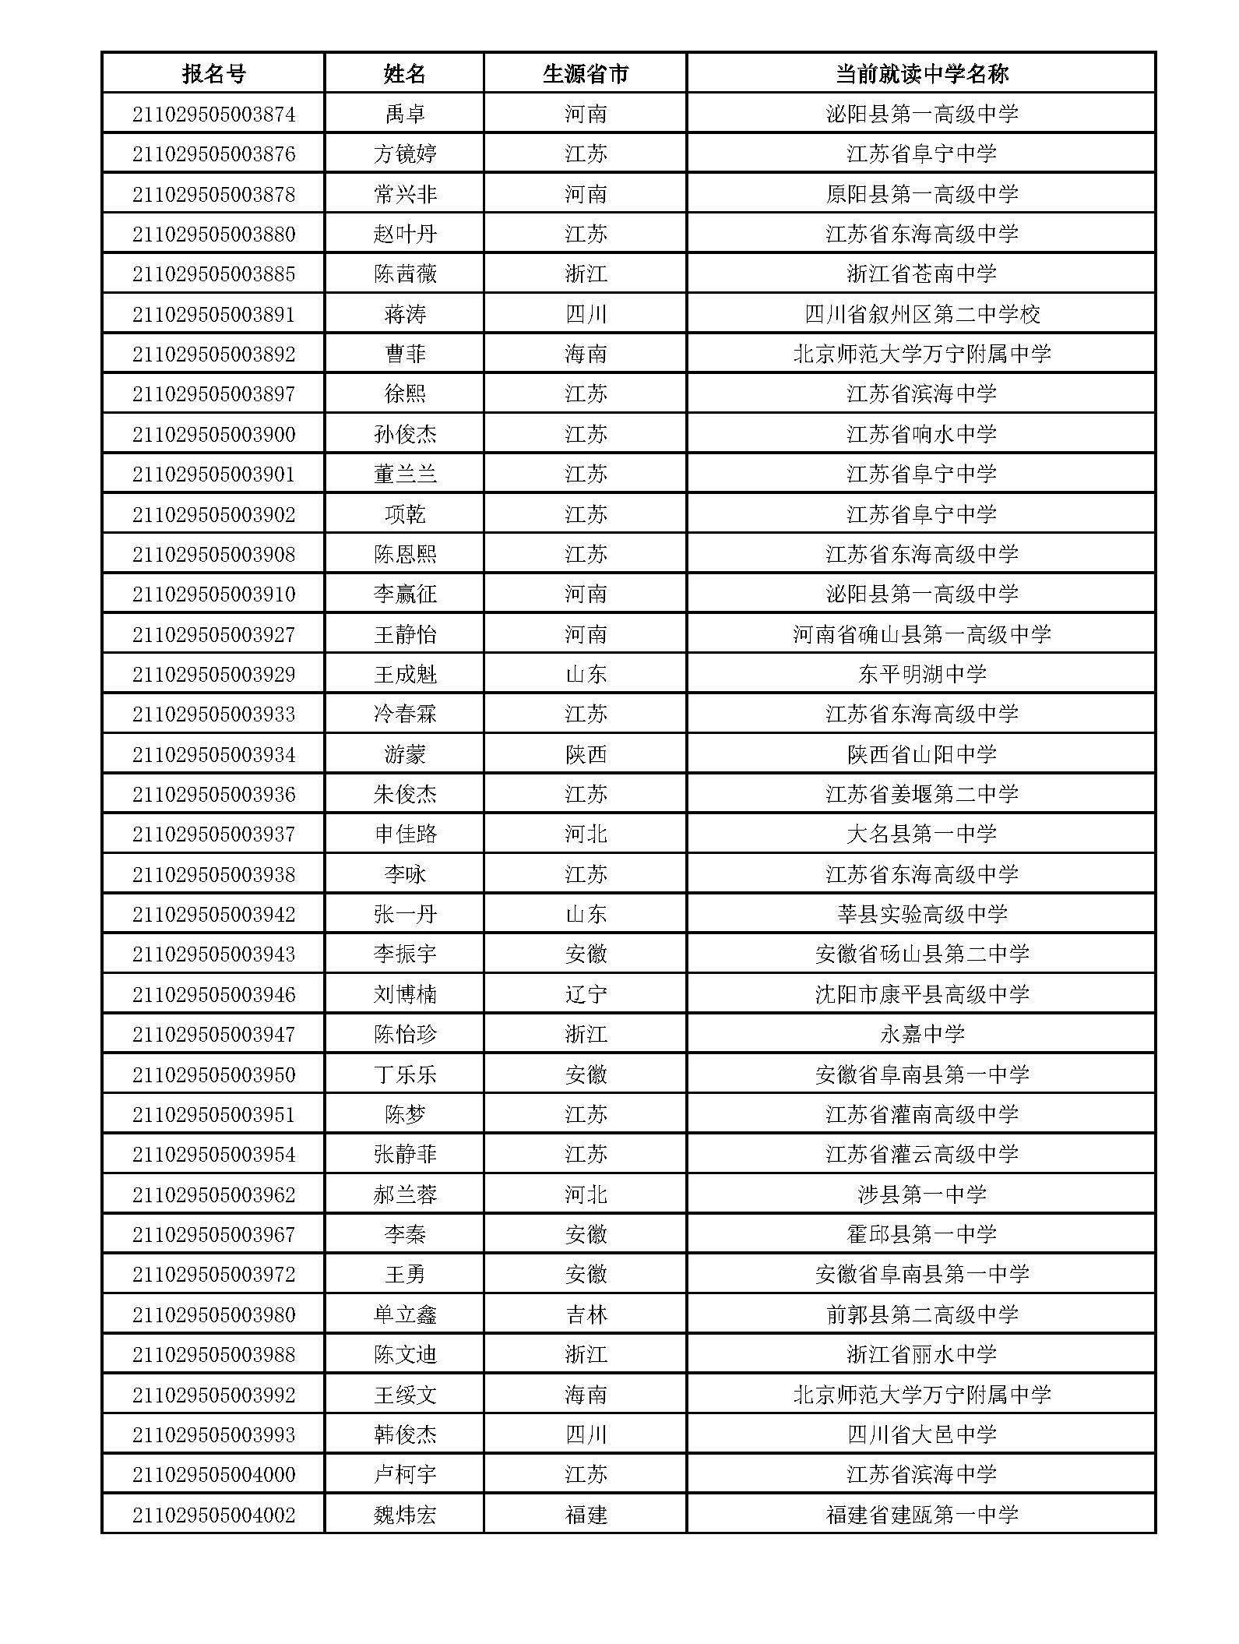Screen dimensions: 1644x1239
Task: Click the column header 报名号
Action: point(213,74)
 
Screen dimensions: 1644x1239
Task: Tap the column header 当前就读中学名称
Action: point(921,74)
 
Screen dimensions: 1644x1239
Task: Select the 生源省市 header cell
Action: point(585,74)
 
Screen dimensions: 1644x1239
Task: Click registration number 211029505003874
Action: point(213,115)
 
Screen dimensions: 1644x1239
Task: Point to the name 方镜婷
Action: point(405,154)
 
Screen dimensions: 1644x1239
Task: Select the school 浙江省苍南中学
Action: point(921,274)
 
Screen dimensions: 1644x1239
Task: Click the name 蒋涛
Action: point(405,315)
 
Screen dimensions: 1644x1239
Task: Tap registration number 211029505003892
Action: point(213,355)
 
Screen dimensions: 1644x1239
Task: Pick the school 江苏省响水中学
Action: point(921,434)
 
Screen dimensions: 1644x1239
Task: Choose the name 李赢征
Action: point(405,594)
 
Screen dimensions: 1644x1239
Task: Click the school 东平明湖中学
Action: point(921,674)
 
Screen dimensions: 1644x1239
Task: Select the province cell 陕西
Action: point(585,754)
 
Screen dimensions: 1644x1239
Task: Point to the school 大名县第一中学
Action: point(921,834)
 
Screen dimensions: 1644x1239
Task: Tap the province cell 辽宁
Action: point(585,994)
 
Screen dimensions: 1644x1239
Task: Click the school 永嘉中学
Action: point(921,1035)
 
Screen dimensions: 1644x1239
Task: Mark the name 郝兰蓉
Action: point(405,1194)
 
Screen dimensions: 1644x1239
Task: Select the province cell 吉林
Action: point(585,1314)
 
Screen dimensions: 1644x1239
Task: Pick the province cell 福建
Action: point(585,1515)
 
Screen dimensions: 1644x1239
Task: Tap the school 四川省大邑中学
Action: point(921,1434)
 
